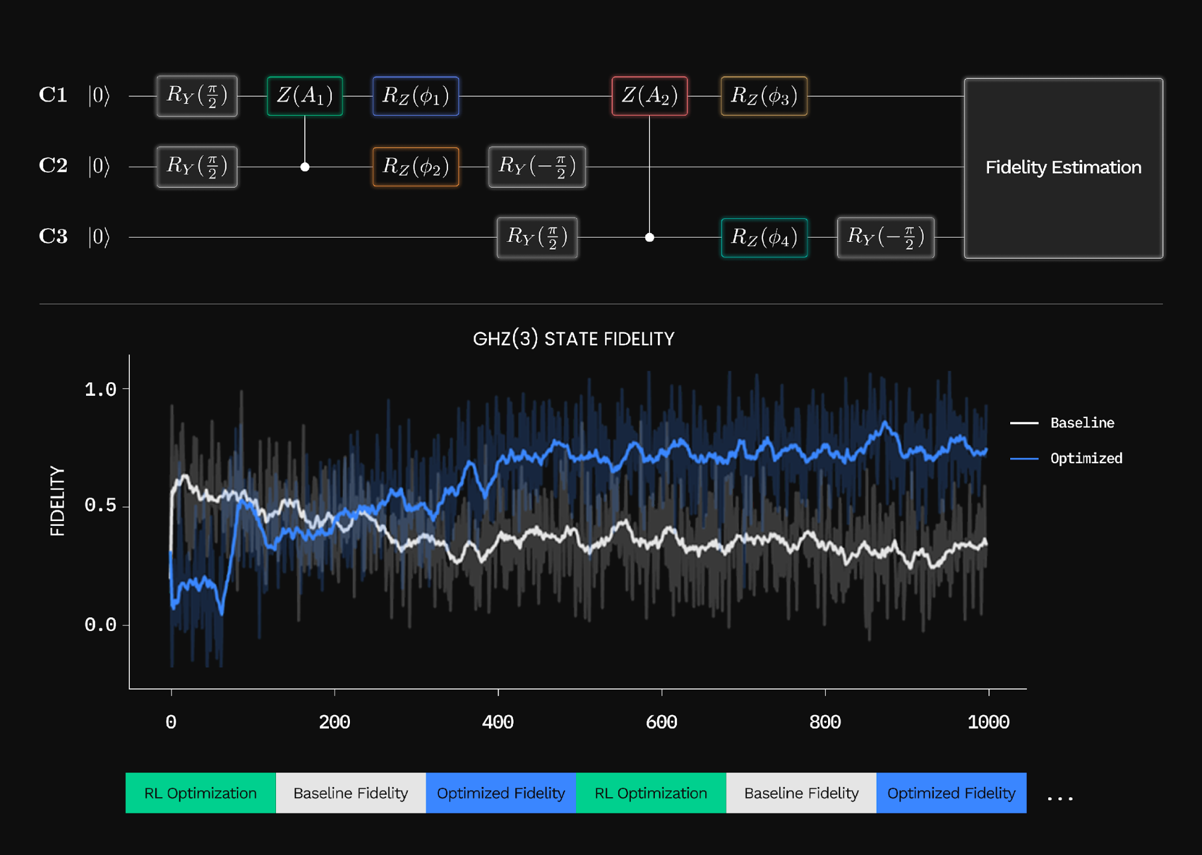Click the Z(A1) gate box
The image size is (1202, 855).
tap(305, 96)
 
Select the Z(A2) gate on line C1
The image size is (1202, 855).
tap(649, 96)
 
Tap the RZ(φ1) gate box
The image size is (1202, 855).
tap(415, 96)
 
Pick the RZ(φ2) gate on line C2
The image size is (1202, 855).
tap(415, 167)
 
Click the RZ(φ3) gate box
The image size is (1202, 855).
tap(764, 96)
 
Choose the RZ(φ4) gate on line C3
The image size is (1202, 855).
tap(764, 237)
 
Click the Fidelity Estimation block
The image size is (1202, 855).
tap(1063, 168)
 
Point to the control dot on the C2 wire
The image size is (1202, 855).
tap(305, 167)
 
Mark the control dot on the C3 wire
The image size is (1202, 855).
tap(649, 237)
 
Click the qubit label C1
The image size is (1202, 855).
tap(53, 95)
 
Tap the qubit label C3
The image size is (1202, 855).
tap(53, 236)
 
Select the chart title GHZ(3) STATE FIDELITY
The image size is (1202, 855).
tap(574, 339)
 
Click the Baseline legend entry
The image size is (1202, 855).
tap(1082, 423)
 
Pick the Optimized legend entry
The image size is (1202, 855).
tap(1086, 458)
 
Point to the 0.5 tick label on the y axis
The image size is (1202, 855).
tap(100, 505)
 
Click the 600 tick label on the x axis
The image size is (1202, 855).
tap(661, 722)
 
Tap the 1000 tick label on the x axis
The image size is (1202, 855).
tap(989, 722)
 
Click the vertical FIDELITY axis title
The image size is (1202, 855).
tap(58, 501)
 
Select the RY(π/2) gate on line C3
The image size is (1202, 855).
tap(537, 237)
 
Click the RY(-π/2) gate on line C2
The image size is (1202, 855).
tap(537, 167)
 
